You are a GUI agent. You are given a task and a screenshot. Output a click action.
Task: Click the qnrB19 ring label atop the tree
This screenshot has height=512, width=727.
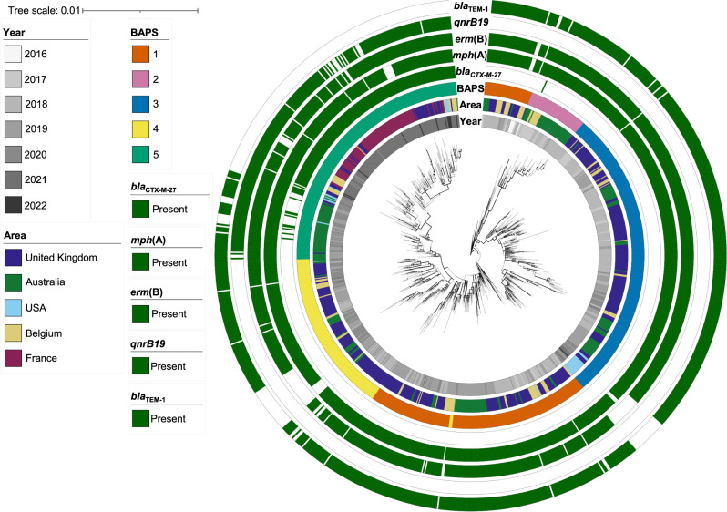(467, 24)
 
